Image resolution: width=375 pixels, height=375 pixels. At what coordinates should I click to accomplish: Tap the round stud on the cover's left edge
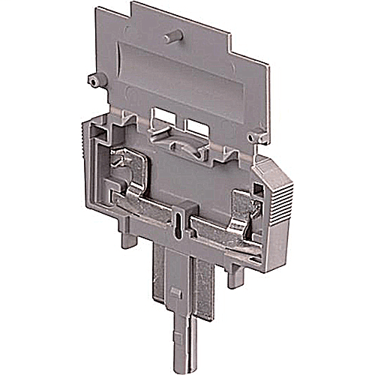pos(91,78)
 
